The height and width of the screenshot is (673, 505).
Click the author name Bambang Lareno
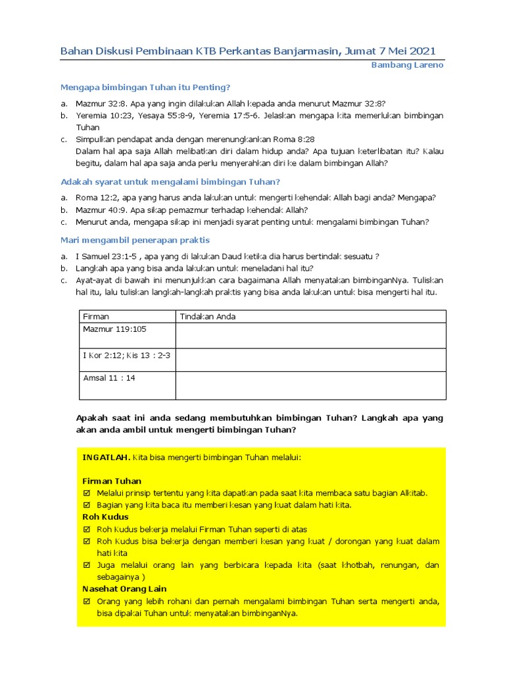pyautogui.click(x=407, y=65)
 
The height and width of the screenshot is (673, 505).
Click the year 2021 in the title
pyautogui.click(x=420, y=51)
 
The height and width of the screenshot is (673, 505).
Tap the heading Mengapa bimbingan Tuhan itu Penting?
pyautogui.click(x=145, y=87)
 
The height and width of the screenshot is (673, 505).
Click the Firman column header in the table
pyautogui.click(x=96, y=316)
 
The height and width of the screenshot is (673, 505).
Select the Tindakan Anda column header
pyautogui.click(x=208, y=316)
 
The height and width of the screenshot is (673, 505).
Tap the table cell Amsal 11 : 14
pyautogui.click(x=109, y=378)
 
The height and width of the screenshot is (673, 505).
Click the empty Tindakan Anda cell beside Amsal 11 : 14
pyautogui.click(x=310, y=386)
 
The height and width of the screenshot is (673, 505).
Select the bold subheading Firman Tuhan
pyautogui.click(x=111, y=481)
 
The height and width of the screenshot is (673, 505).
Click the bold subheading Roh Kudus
pyautogui.click(x=105, y=517)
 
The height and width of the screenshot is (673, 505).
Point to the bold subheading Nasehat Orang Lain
pyautogui.click(x=124, y=589)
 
